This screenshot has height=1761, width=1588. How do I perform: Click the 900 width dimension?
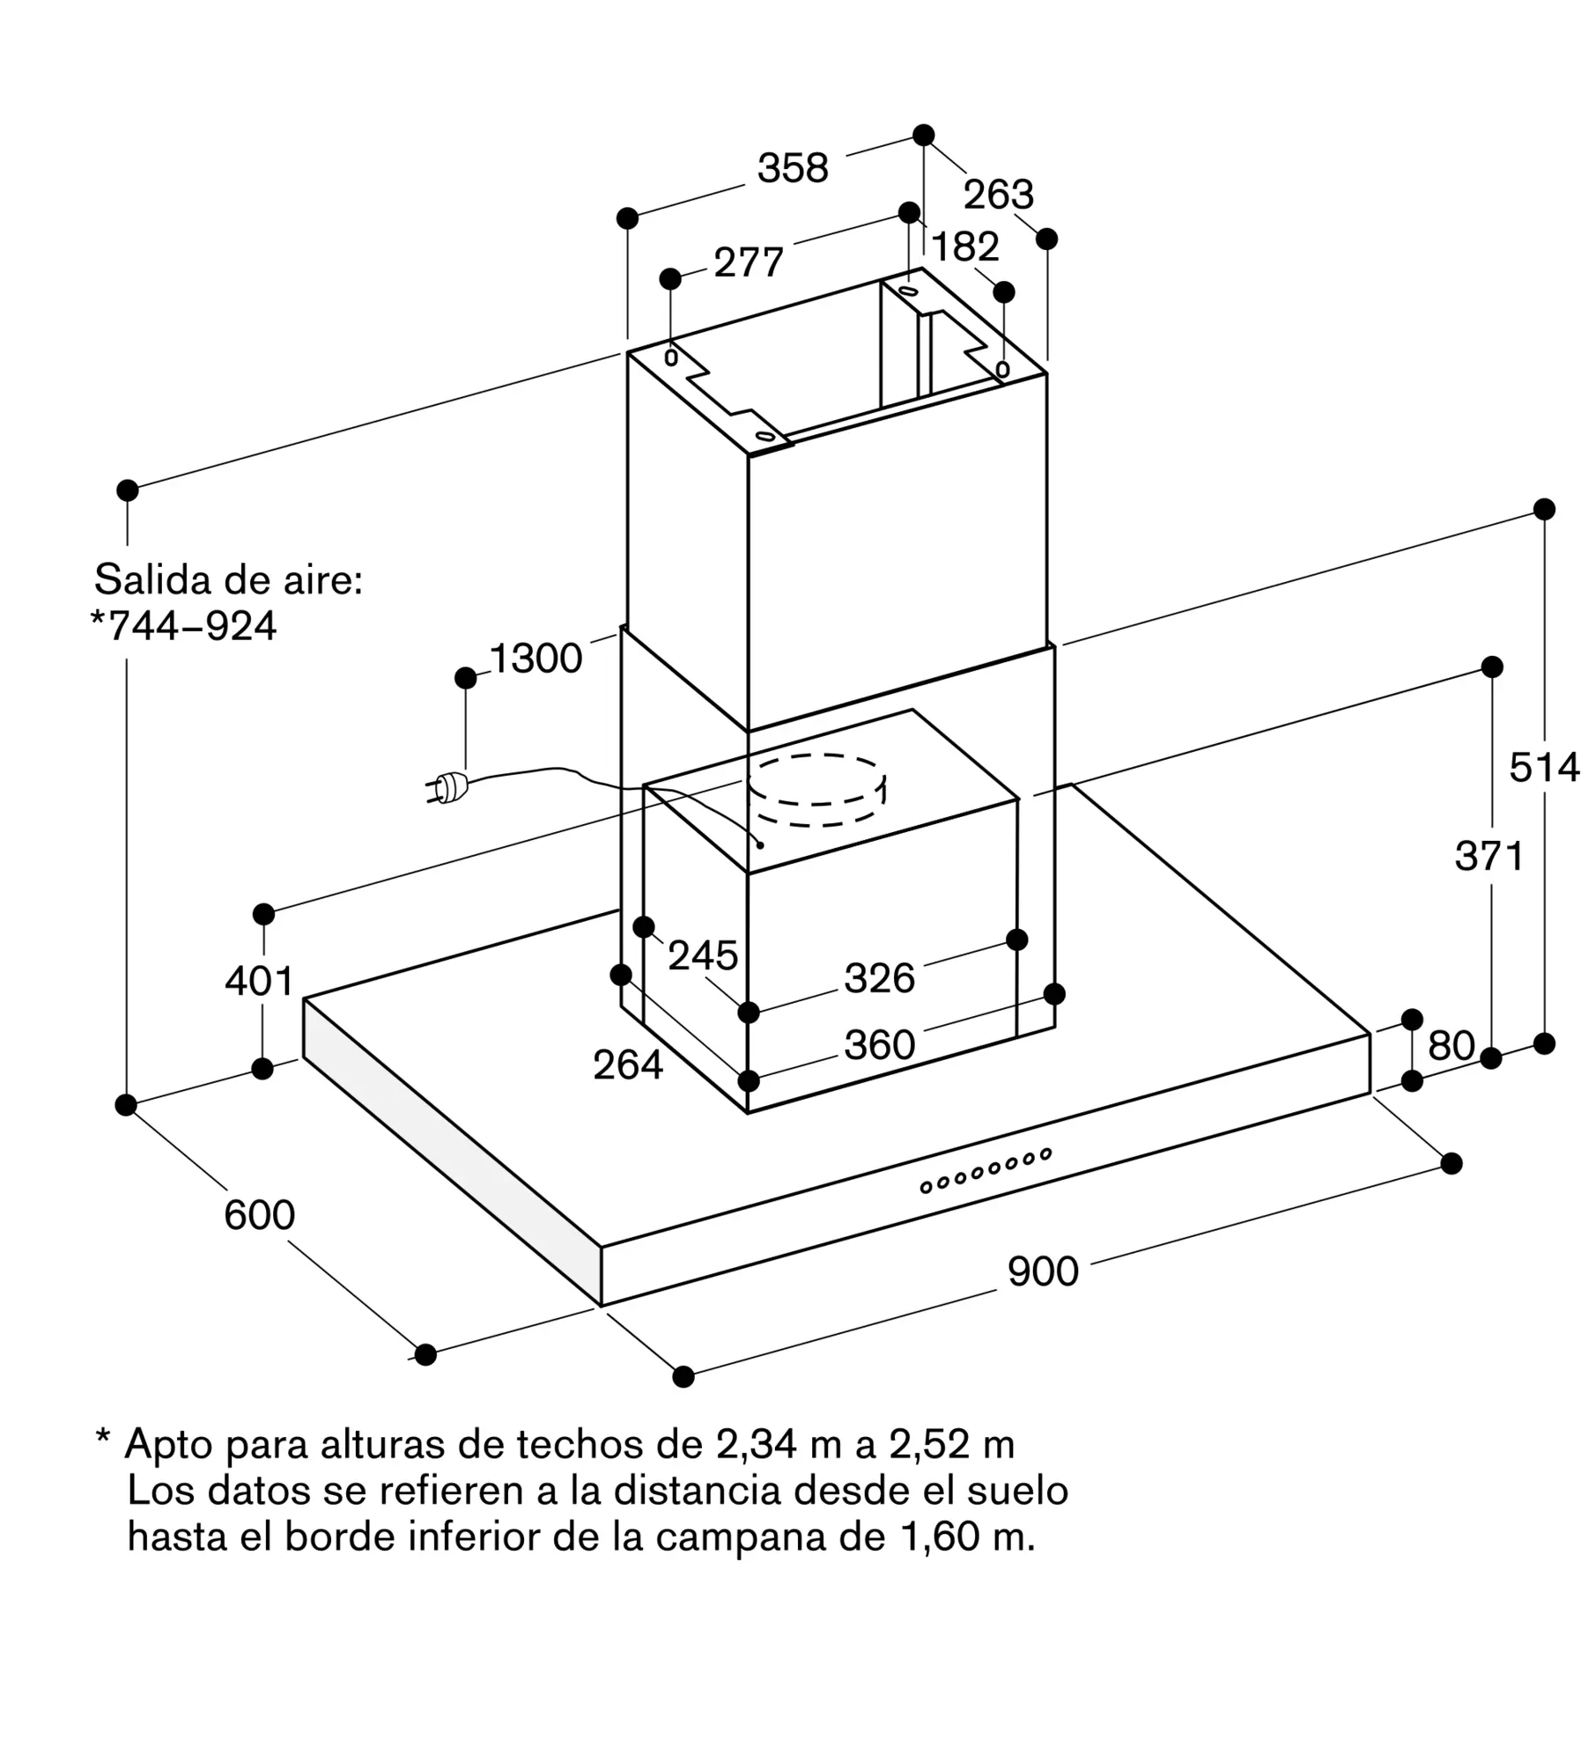click(x=1043, y=1271)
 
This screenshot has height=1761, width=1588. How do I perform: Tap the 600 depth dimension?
click(x=259, y=1215)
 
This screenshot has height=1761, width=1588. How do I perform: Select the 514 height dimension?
click(x=1544, y=768)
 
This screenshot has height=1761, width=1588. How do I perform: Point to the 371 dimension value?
click(x=1489, y=856)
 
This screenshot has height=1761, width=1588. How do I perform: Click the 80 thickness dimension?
click(x=1451, y=1045)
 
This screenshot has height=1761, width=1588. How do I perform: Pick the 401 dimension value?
click(x=259, y=981)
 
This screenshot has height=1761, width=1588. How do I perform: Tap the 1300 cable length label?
click(x=535, y=659)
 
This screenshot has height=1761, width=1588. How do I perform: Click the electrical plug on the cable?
click(x=447, y=788)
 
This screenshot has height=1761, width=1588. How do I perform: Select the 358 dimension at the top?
click(x=793, y=168)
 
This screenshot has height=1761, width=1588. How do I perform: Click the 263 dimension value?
click(x=998, y=195)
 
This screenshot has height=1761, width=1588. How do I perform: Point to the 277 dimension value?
click(x=749, y=262)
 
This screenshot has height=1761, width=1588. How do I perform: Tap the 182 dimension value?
click(x=965, y=247)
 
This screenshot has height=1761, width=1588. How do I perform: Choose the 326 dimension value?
click(x=880, y=978)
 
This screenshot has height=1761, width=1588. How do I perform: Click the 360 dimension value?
click(x=880, y=1045)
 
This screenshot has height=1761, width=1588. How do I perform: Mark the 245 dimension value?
click(x=703, y=955)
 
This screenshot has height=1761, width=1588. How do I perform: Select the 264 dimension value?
click(x=628, y=1065)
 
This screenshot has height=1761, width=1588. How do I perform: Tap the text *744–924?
click(x=184, y=626)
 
